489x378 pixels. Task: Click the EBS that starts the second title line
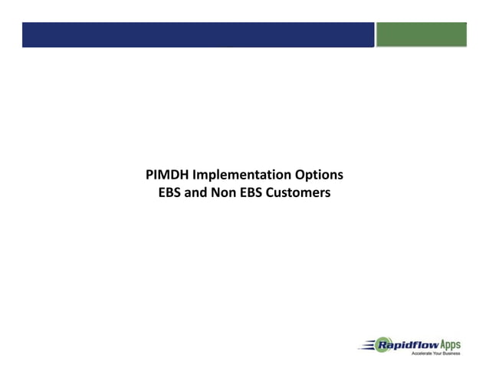[170, 192]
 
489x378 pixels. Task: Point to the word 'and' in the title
[199, 192]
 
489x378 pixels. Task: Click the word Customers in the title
[300, 192]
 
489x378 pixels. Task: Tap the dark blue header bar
[198, 35]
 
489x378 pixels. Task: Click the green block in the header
[422, 35]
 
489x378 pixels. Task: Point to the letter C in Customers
[274, 192]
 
